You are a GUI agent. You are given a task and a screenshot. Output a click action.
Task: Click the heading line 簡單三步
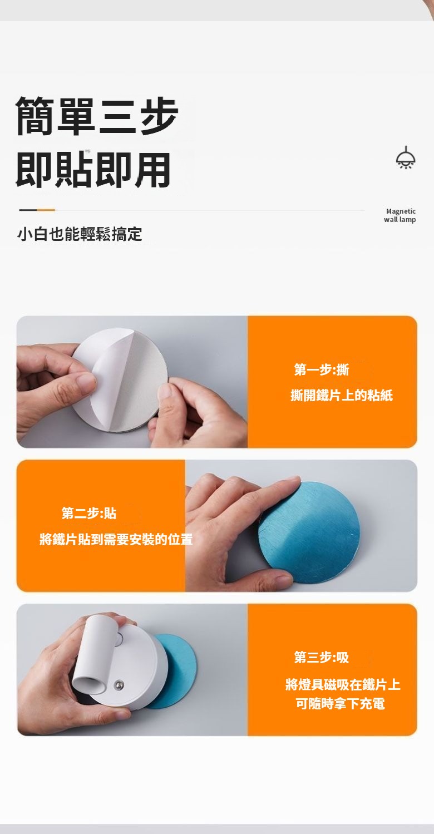pos(97,116)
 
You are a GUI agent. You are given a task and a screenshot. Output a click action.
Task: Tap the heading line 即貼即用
pos(93,170)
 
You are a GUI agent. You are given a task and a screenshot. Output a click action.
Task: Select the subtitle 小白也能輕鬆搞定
pos(80,234)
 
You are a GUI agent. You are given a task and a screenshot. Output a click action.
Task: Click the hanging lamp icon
pos(406,157)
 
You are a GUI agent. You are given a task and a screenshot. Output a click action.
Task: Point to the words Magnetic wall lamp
pos(400,215)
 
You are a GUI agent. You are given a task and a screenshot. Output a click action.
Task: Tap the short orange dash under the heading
pos(46,210)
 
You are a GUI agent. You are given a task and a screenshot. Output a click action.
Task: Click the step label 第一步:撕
pos(322,369)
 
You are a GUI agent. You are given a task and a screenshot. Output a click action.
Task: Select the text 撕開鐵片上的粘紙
pos(341,395)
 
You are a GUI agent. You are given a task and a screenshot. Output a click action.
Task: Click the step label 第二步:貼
pos(89,513)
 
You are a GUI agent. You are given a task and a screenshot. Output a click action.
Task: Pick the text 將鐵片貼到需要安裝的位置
pos(116,539)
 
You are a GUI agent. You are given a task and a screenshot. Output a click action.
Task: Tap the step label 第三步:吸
pos(322,657)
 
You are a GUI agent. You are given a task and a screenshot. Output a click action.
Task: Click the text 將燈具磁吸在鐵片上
pos(343,684)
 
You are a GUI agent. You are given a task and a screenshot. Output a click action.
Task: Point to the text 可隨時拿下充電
pos(340,703)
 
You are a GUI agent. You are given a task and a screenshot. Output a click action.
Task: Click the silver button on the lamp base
pos(119,684)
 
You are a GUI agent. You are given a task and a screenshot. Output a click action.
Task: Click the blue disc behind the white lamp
pos(178,670)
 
